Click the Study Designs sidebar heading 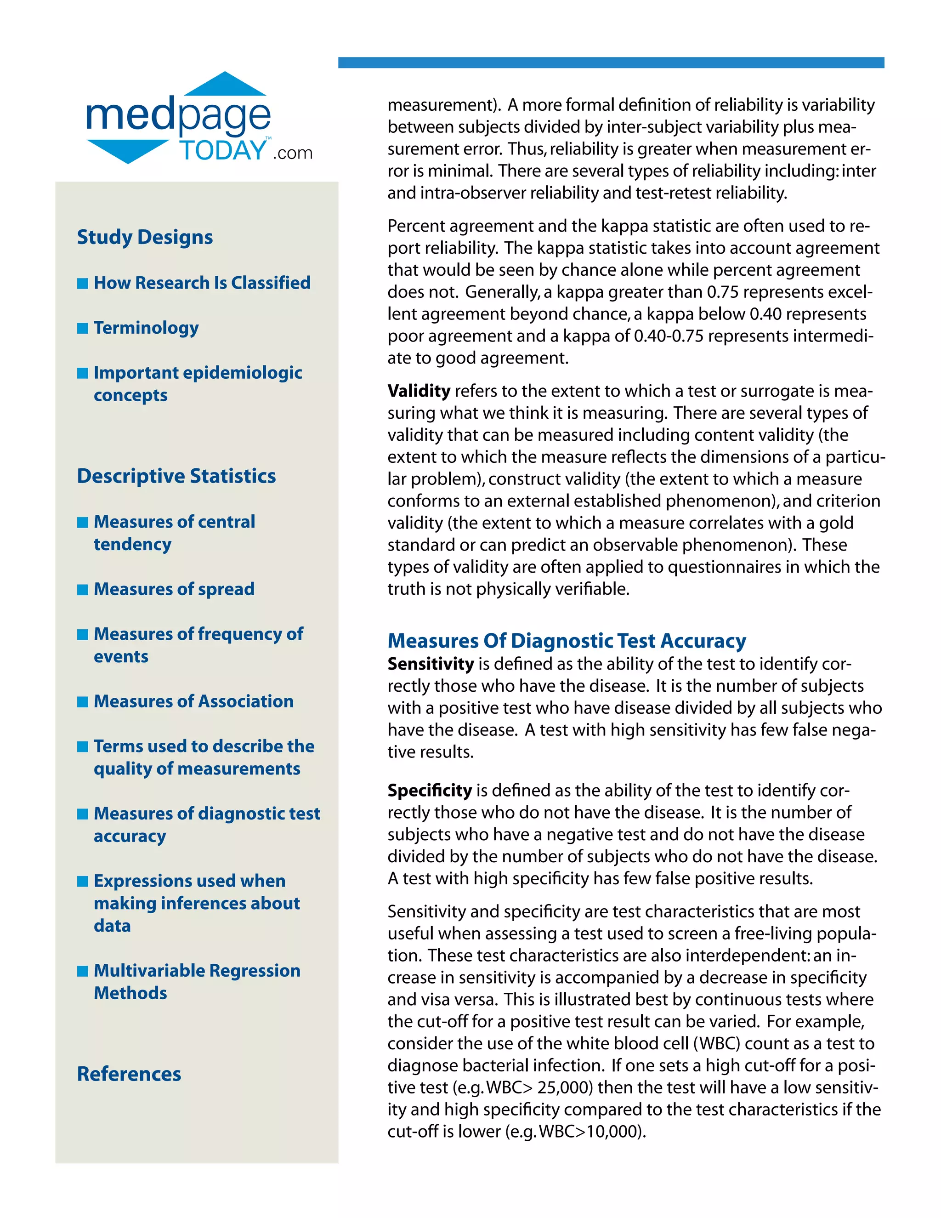tap(144, 237)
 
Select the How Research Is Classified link tap(202, 283)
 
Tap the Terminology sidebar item tap(146, 328)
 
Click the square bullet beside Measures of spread tap(83, 590)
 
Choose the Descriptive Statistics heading tap(176, 476)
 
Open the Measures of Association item tap(193, 701)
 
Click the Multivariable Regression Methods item tap(196, 982)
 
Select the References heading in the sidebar tap(129, 1074)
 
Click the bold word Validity tap(419, 391)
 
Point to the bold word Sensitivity tap(431, 664)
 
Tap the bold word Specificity tap(429, 790)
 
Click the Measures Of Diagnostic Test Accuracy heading tap(567, 641)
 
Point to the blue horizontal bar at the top tap(611, 63)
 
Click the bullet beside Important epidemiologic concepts tap(83, 373)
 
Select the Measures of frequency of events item tap(198, 645)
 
